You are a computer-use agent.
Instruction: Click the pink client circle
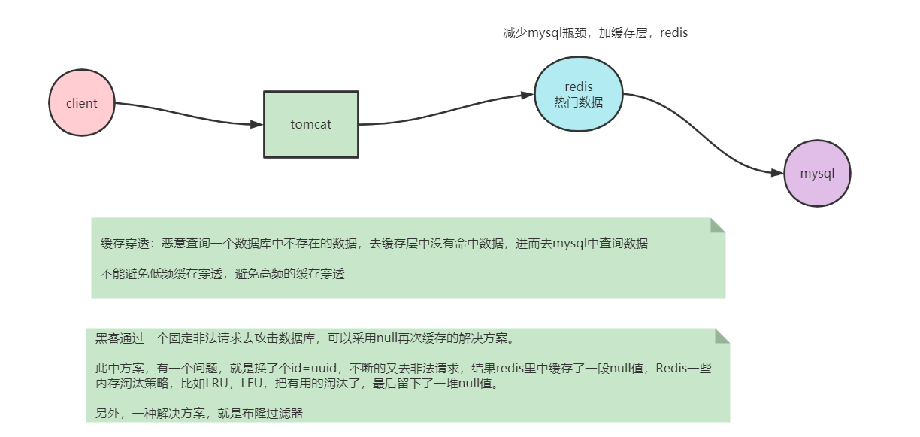(x=81, y=103)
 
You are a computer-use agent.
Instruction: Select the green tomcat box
(x=310, y=124)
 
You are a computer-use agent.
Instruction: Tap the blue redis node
(x=578, y=94)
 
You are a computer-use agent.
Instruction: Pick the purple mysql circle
(x=816, y=173)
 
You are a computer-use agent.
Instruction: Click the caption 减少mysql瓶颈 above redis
(x=541, y=33)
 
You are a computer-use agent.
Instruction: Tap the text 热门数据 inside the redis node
(x=578, y=102)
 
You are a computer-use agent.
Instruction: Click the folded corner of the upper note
(x=717, y=225)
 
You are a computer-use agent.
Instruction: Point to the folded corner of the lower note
(x=722, y=335)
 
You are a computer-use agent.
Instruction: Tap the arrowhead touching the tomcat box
(x=256, y=124)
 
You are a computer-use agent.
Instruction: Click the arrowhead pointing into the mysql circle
(x=777, y=173)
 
